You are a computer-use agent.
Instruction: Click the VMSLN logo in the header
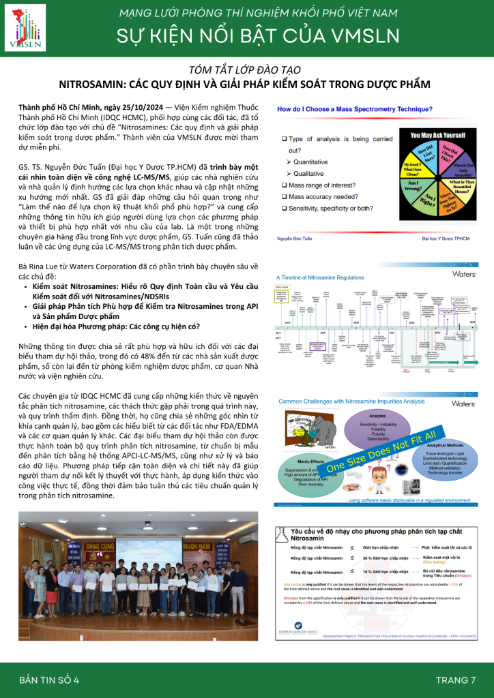coord(25,30)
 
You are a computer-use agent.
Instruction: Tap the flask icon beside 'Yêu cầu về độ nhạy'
coord(280,535)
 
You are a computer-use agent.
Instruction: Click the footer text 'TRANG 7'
coord(456,680)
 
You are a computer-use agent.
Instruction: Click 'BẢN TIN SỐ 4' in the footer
coord(49,680)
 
